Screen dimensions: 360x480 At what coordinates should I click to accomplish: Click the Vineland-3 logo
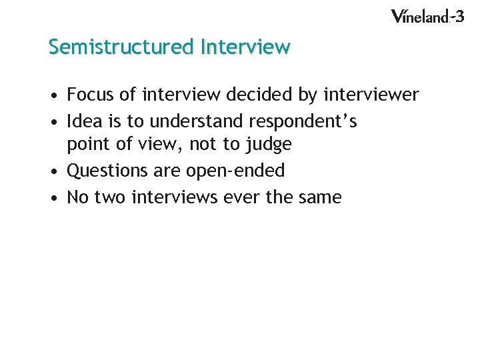pos(427,17)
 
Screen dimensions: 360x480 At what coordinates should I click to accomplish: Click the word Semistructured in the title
pos(119,47)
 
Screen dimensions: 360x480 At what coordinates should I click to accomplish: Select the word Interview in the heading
pos(245,47)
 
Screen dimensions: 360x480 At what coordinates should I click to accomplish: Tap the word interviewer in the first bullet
pos(371,95)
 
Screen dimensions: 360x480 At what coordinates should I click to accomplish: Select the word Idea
pos(85,121)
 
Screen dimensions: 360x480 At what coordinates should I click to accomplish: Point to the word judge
pos(269,145)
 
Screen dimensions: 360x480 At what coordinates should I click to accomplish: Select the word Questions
pos(108,171)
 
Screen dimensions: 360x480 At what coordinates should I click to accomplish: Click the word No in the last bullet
pos(78,197)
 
